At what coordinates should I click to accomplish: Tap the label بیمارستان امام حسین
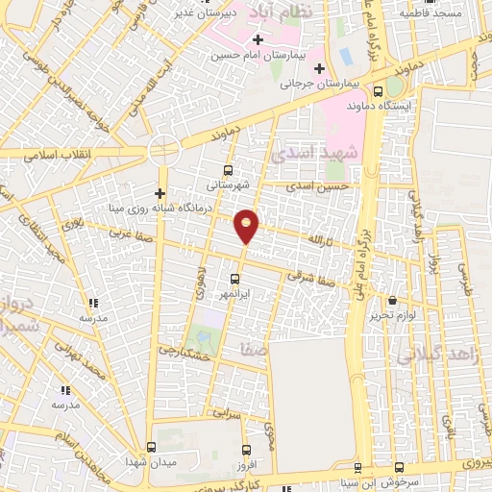[x=258, y=56]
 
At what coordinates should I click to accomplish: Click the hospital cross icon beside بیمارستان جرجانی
[x=318, y=67]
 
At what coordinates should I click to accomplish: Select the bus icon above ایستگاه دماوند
[x=378, y=87]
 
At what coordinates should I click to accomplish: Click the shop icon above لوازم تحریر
[x=391, y=301]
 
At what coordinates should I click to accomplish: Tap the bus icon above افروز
[x=247, y=450]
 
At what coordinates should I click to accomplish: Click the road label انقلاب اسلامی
[x=61, y=155]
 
